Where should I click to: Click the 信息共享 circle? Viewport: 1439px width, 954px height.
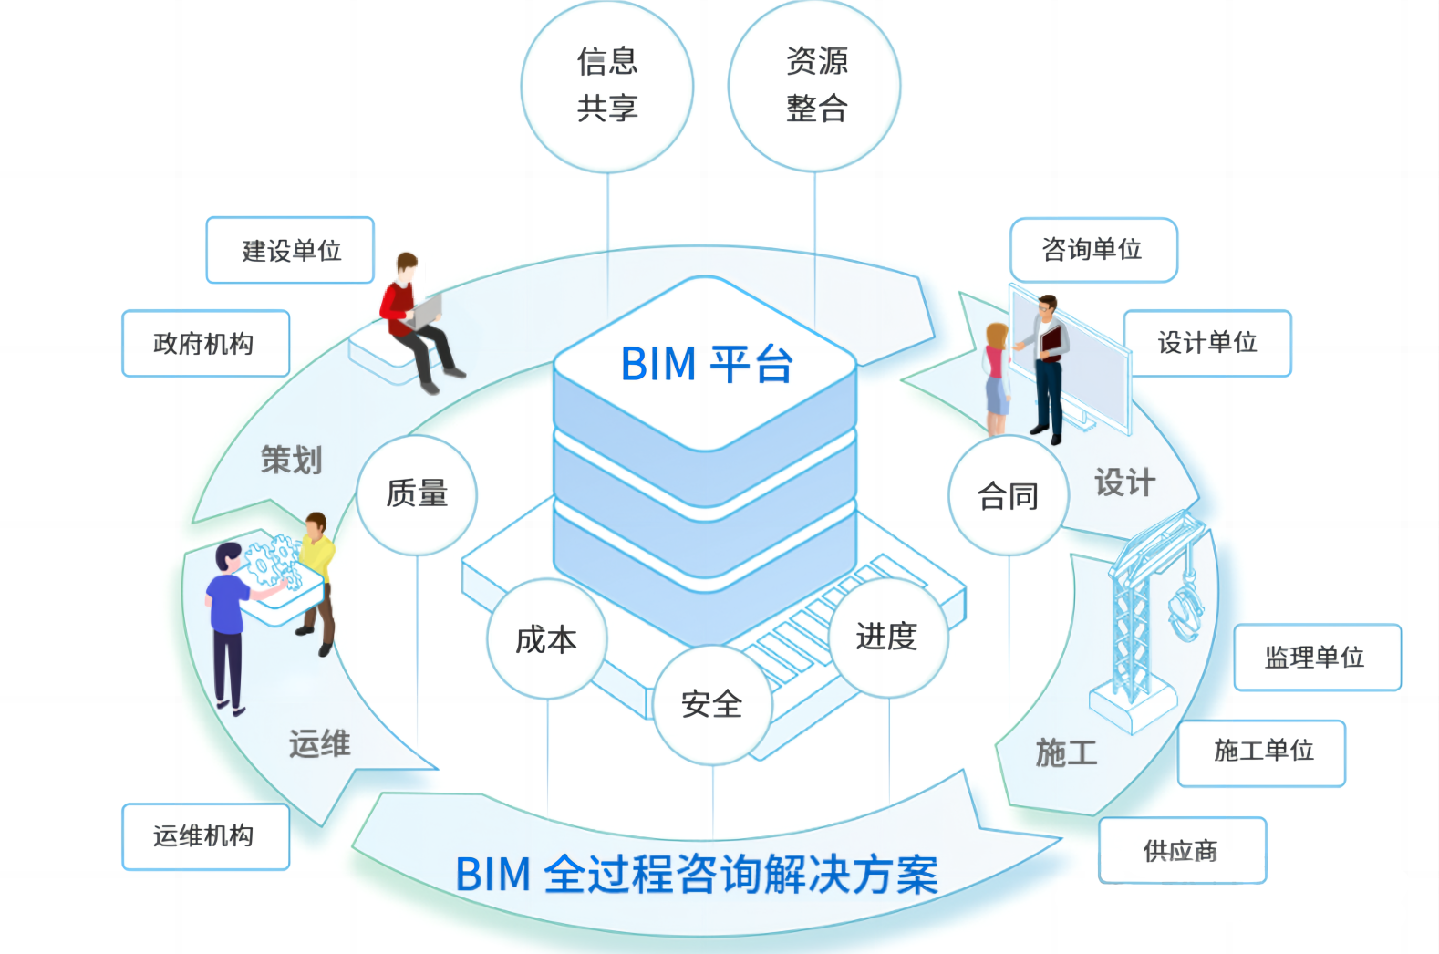[607, 86]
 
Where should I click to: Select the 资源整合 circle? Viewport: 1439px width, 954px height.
[814, 86]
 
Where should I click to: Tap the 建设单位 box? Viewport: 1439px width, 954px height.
[290, 250]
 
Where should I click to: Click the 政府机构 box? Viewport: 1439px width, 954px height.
[205, 344]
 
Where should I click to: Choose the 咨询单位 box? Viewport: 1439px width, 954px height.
[1093, 249]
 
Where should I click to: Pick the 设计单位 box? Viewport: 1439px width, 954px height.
[1207, 343]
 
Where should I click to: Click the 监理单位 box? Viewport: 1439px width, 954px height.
[1317, 657]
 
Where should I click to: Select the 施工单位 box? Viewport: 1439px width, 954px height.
[1261, 752]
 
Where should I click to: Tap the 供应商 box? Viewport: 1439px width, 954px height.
[1182, 850]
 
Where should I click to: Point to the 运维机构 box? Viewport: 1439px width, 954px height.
[205, 836]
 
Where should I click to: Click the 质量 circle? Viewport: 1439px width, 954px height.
[417, 494]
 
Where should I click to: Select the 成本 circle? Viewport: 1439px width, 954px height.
[546, 639]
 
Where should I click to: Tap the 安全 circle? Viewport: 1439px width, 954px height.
[712, 704]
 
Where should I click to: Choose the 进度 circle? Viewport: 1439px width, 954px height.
[887, 637]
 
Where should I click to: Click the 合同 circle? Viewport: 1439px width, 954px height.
[1008, 496]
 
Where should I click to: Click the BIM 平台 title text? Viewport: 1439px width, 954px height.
[706, 364]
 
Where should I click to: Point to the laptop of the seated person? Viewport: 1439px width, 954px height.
[425, 312]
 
